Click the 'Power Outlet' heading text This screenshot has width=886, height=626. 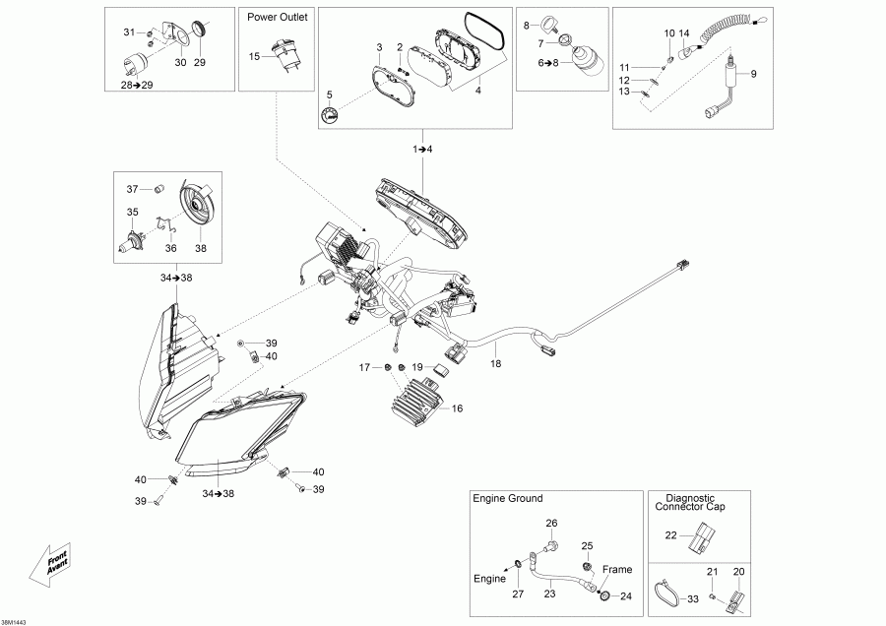(279, 18)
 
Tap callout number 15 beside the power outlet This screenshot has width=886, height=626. (254, 56)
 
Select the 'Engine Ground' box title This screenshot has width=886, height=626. (508, 499)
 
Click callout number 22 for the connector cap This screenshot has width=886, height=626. (670, 534)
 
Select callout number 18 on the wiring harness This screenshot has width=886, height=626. (495, 363)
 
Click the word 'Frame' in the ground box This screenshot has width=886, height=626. (617, 569)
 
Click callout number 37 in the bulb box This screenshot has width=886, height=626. (132, 188)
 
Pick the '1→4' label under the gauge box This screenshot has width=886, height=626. (422, 148)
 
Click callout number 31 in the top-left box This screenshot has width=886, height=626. (128, 32)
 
